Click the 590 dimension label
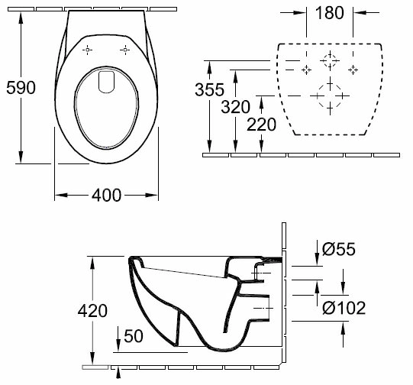tap(21, 88)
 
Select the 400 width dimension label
tap(106, 196)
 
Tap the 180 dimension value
tap(330, 13)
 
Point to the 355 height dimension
tap(209, 89)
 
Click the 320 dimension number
tap(235, 107)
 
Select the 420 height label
tap(92, 310)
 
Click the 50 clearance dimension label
tap(134, 336)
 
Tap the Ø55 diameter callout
tap(339, 248)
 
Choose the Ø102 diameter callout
tap(344, 308)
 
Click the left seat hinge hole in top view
tap(88, 50)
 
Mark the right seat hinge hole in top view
tap(125, 50)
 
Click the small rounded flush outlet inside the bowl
tap(106, 82)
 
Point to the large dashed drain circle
tap(330, 95)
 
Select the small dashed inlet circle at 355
tap(330, 60)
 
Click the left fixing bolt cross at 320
tap(306, 70)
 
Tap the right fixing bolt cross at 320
tap(353, 70)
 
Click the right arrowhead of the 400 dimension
tap(152, 196)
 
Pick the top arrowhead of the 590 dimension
tap(21, 18)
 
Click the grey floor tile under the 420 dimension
tap(95, 367)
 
